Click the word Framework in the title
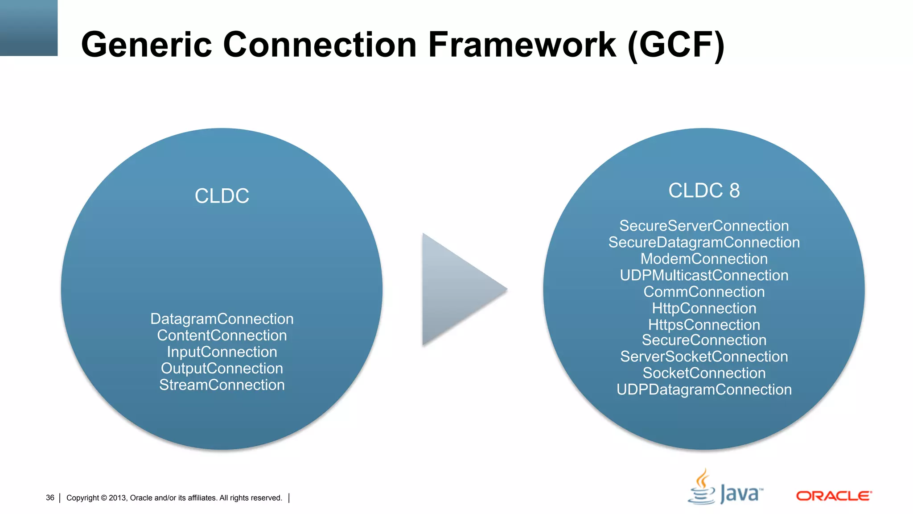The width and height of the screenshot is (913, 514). pyautogui.click(x=522, y=45)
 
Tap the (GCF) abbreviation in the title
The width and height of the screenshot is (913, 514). pyautogui.click(x=675, y=46)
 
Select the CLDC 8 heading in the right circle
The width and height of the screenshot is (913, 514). pyautogui.click(x=704, y=191)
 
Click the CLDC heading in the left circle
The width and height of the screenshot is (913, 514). pyautogui.click(x=222, y=196)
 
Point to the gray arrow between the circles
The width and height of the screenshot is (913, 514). pyautogui.click(x=459, y=289)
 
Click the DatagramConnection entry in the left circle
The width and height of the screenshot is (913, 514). pyautogui.click(x=222, y=319)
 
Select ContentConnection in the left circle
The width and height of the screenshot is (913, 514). pyautogui.click(x=222, y=336)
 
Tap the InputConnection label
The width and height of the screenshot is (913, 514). pyautogui.click(x=222, y=352)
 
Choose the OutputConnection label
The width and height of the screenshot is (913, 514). pyautogui.click(x=222, y=369)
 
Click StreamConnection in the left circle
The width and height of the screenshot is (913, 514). pyautogui.click(x=222, y=385)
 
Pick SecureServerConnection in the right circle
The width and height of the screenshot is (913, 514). pyautogui.click(x=704, y=226)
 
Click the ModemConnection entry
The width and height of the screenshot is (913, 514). pyautogui.click(x=704, y=259)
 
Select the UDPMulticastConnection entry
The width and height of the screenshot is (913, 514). pyautogui.click(x=704, y=275)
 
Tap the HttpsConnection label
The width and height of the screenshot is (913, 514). pyautogui.click(x=704, y=325)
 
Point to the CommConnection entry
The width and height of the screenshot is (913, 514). pyautogui.click(x=704, y=292)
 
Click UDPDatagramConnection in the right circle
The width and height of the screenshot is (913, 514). pyautogui.click(x=704, y=390)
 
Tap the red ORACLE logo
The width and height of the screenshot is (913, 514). pyautogui.click(x=833, y=496)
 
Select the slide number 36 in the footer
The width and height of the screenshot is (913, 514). pyautogui.click(x=50, y=497)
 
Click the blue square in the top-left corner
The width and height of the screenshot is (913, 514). pyautogui.click(x=29, y=28)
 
